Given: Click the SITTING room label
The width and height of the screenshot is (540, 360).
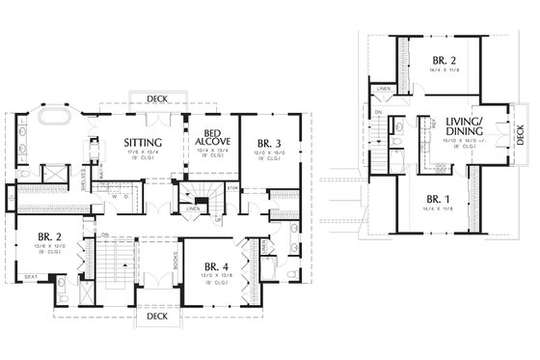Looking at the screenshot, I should (135, 143).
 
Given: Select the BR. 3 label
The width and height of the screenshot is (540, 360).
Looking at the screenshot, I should (262, 144).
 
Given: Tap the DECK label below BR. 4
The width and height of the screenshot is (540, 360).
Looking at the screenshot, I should (155, 316).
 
